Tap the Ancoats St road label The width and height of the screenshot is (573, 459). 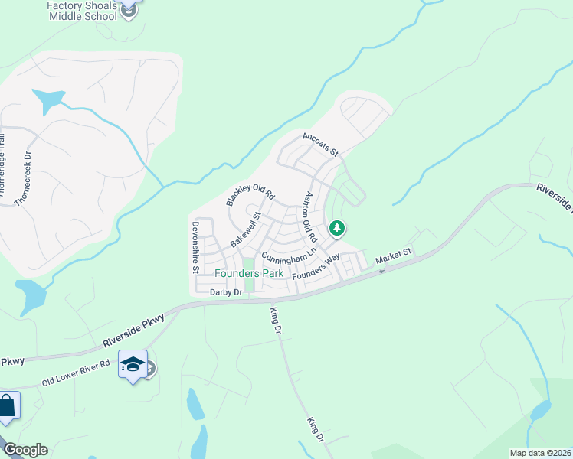point(320,144)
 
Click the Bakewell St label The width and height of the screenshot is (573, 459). point(247,229)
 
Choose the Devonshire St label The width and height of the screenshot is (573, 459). point(196,247)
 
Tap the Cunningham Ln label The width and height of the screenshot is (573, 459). point(289,253)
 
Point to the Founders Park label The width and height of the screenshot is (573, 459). point(249,273)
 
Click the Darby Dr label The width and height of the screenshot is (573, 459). point(226,292)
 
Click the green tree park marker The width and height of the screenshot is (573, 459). point(336,228)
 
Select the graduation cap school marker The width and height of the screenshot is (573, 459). point(133,366)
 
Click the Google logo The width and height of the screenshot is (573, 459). point(25,450)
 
